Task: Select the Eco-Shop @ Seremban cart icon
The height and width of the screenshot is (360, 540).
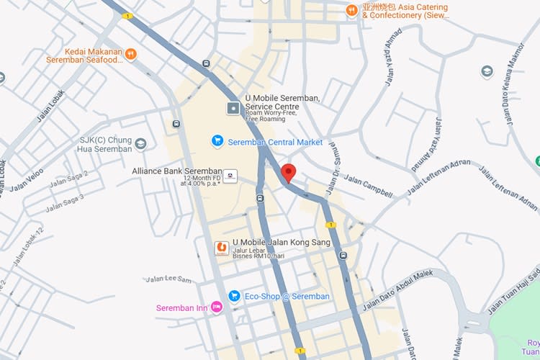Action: point(234,296)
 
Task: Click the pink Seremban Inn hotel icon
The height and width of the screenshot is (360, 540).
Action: point(217,308)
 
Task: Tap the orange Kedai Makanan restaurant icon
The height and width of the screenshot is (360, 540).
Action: point(130,53)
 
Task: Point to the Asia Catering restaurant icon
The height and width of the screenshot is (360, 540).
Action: point(351,10)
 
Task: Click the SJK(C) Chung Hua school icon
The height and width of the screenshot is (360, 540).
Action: point(140,144)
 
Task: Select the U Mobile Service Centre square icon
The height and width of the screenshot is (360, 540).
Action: point(233,109)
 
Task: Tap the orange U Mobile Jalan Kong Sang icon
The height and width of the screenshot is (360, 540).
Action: point(222,248)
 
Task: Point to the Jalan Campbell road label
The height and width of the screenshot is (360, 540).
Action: point(368,186)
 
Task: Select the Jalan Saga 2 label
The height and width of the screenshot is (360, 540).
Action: point(68,179)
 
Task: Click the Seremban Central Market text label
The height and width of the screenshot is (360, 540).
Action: point(275,143)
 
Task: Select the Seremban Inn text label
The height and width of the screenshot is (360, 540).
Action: point(181,308)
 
